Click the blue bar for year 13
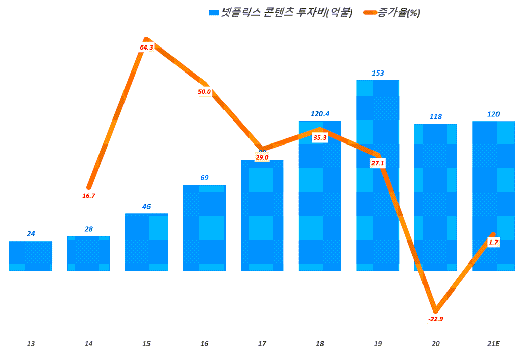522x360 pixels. [x=31, y=256]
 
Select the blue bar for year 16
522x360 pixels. [x=204, y=228]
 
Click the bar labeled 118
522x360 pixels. [x=435, y=197]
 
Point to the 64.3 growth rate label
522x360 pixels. [x=146, y=47]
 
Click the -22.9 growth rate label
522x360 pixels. [x=435, y=319]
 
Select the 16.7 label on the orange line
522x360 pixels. [x=88, y=196]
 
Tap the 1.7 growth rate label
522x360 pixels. [x=493, y=243]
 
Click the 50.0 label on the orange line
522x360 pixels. [x=204, y=92]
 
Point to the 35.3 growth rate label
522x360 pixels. [x=320, y=137]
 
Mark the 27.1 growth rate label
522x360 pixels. [x=378, y=163]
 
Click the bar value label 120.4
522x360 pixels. [x=320, y=114]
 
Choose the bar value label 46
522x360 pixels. [x=146, y=207]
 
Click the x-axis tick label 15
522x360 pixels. [x=146, y=344]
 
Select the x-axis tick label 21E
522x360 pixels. [x=493, y=344]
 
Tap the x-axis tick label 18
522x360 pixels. [x=320, y=344]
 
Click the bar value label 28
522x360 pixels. [x=88, y=229]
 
